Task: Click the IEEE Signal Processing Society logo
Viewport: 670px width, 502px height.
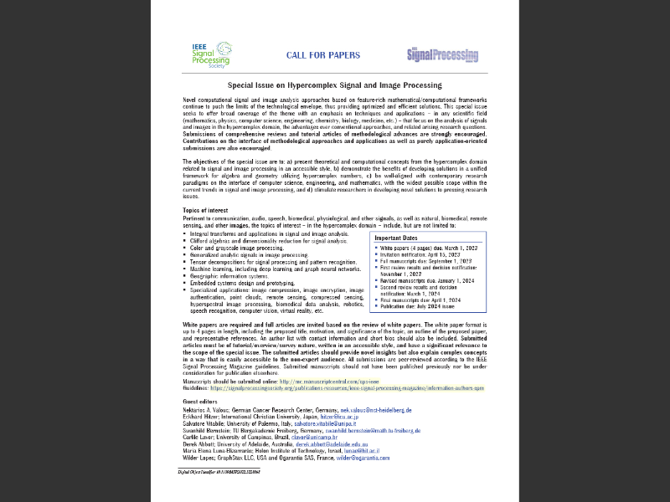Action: pos(209,54)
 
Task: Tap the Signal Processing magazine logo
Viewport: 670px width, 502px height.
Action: pos(442,55)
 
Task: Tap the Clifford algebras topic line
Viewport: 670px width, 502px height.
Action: pos(255,241)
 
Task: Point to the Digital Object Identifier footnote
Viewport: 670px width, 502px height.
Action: pos(224,472)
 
